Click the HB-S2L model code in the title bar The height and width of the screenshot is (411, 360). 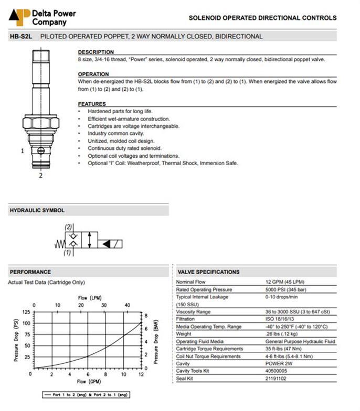click(x=22, y=37)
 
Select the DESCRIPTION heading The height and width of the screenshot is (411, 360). click(x=96, y=52)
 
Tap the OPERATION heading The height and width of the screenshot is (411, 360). click(x=93, y=74)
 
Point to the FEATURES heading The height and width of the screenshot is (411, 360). click(x=92, y=104)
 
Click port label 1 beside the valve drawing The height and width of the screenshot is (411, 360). click(x=22, y=151)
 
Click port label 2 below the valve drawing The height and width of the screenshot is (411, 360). click(x=40, y=176)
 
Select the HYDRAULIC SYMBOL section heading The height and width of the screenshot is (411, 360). click(x=37, y=210)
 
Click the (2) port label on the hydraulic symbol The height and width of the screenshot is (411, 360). click(x=68, y=227)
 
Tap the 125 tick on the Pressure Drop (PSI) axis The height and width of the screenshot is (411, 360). click(x=25, y=312)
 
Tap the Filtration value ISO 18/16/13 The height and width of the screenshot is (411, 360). click(x=283, y=319)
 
